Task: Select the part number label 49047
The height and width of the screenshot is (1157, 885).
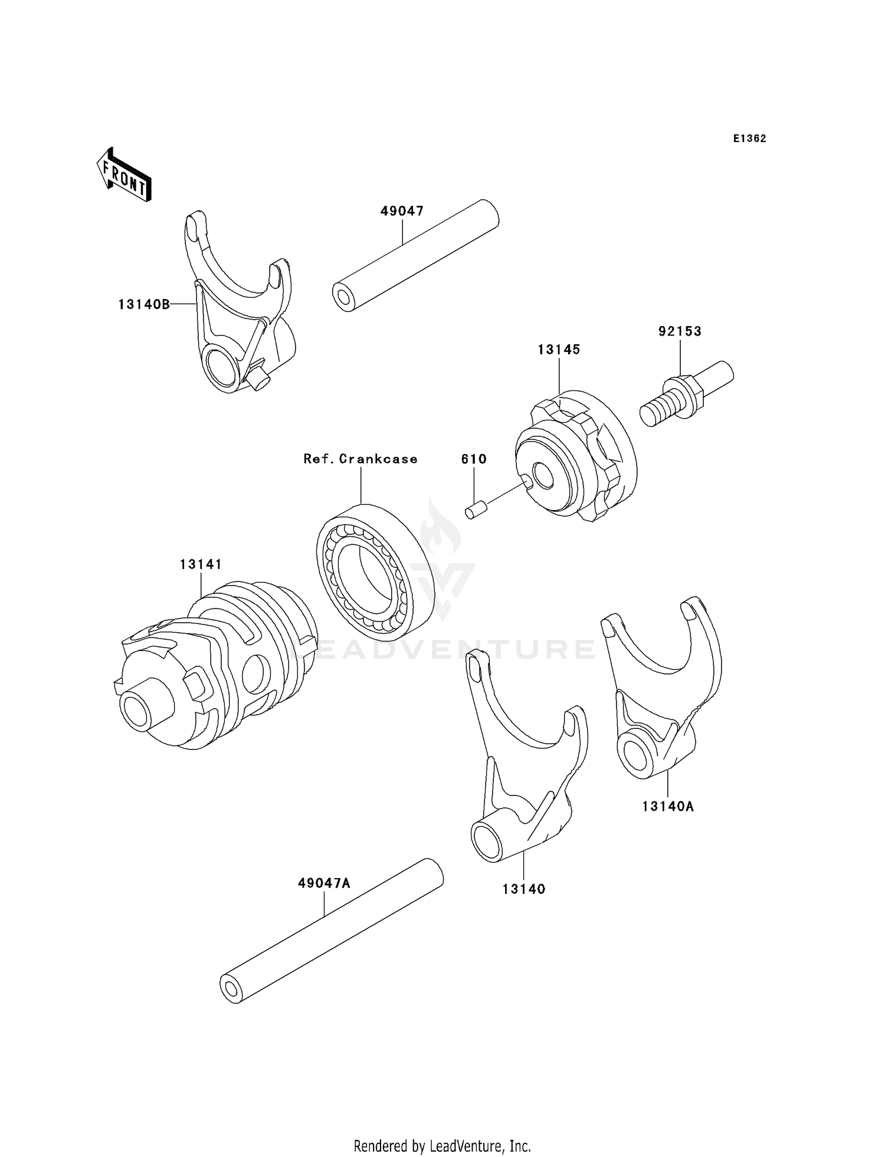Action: (x=402, y=211)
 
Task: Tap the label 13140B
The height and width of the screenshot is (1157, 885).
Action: (x=144, y=304)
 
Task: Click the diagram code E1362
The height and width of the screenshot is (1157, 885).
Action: (x=749, y=139)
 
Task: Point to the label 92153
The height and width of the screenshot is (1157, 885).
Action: (x=680, y=331)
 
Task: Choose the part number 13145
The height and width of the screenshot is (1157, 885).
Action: (x=558, y=350)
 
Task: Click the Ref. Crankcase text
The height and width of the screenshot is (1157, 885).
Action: (x=360, y=459)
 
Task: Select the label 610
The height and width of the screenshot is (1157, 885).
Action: (x=474, y=459)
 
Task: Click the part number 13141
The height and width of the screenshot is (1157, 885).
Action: (x=201, y=564)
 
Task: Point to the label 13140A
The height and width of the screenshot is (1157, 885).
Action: (x=668, y=806)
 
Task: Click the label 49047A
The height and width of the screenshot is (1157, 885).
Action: (x=324, y=883)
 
